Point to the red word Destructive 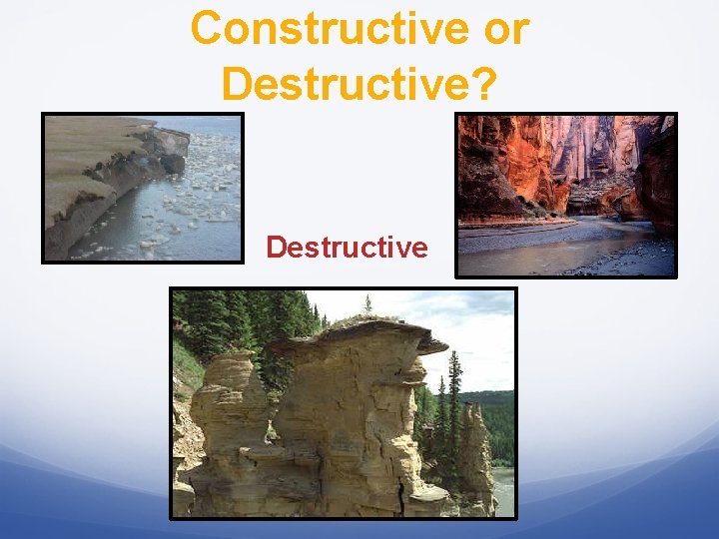point(347,247)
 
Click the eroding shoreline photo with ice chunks point(142,188)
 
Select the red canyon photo point(566,195)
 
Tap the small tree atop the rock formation point(367,304)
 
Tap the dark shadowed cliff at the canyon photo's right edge point(659,180)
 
